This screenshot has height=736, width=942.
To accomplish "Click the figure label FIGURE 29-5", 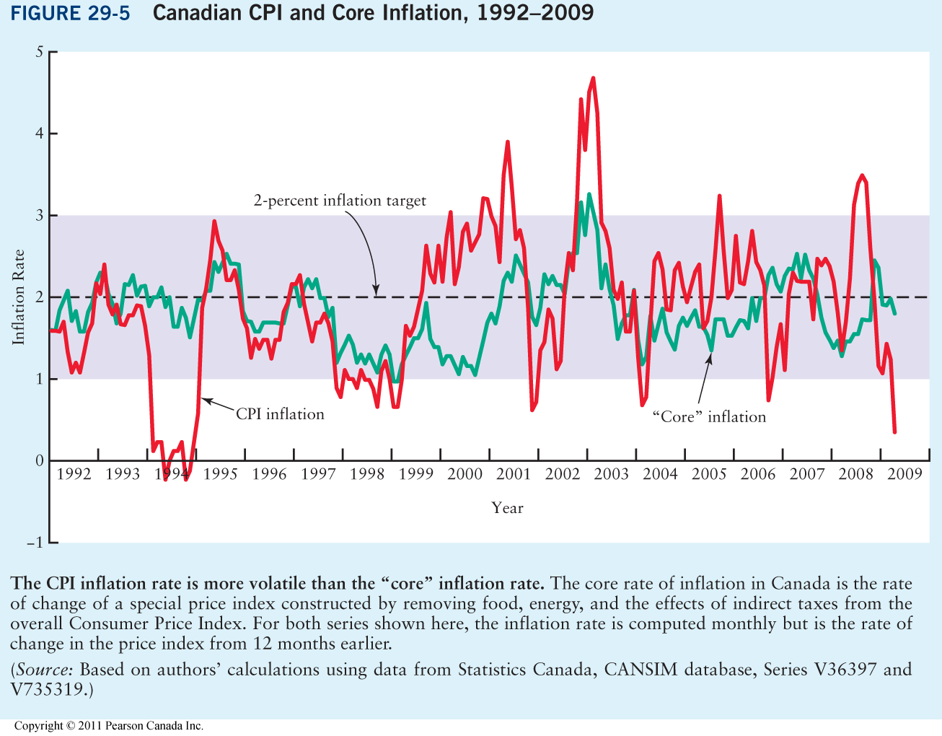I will click(70, 14).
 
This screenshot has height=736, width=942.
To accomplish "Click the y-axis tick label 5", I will click(39, 52).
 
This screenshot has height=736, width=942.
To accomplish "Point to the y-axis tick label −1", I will click(34, 543).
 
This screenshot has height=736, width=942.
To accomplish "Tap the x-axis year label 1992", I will click(74, 474).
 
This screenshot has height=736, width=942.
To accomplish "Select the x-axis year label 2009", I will click(904, 474).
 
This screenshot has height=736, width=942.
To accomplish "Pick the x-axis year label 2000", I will click(465, 474).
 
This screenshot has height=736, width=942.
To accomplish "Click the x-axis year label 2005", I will click(709, 474).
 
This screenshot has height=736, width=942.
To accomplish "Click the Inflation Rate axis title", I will click(19, 297).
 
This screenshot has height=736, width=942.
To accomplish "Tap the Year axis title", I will click(507, 508).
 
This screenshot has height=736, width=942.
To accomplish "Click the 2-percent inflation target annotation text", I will click(340, 201).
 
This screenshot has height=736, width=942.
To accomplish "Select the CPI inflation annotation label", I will click(280, 414).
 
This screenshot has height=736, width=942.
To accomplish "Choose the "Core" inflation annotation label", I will click(708, 417).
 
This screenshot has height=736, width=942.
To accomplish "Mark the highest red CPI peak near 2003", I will click(593, 78).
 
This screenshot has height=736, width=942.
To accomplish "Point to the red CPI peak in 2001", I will click(507, 142).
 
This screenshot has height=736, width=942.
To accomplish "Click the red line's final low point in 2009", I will click(894, 431).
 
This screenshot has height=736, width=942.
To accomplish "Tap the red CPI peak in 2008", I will click(861, 175).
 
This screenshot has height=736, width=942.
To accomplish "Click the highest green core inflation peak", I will click(589, 194).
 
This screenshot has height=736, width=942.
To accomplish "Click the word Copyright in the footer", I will click(40, 726).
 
